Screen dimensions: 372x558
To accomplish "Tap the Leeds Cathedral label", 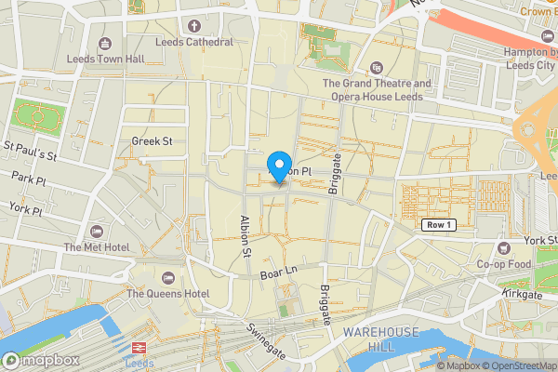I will point(195,42).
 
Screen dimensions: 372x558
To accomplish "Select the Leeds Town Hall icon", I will point(104,44).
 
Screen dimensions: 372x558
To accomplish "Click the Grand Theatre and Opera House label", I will point(377,89).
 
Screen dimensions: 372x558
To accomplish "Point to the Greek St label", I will point(153,141).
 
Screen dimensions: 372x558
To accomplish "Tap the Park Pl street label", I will point(29,177).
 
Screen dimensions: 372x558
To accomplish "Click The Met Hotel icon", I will point(96,231).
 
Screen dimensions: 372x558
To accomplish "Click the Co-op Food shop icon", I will point(503,247).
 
